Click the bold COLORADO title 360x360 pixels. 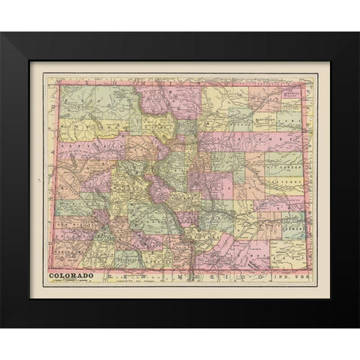coord(72,275)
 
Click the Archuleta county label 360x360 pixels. coord(120,259)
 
